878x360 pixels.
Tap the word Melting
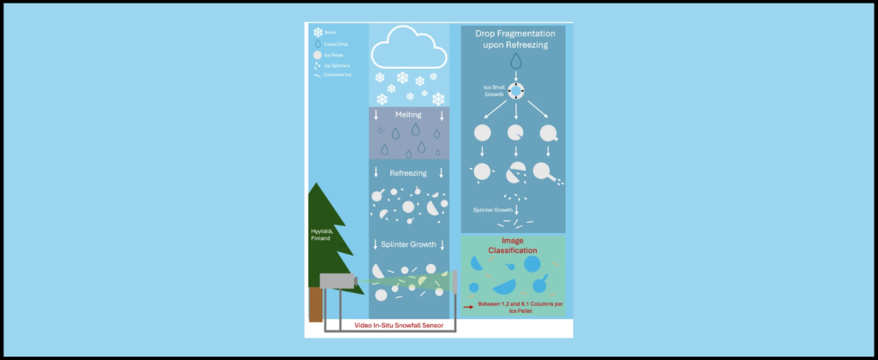[408, 114]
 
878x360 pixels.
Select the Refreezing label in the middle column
[408, 173]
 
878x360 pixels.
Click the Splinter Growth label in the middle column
[408, 244]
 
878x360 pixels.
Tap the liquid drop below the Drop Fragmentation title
[515, 62]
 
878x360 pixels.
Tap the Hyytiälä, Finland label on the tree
[322, 236]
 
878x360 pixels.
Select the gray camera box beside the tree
[337, 280]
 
